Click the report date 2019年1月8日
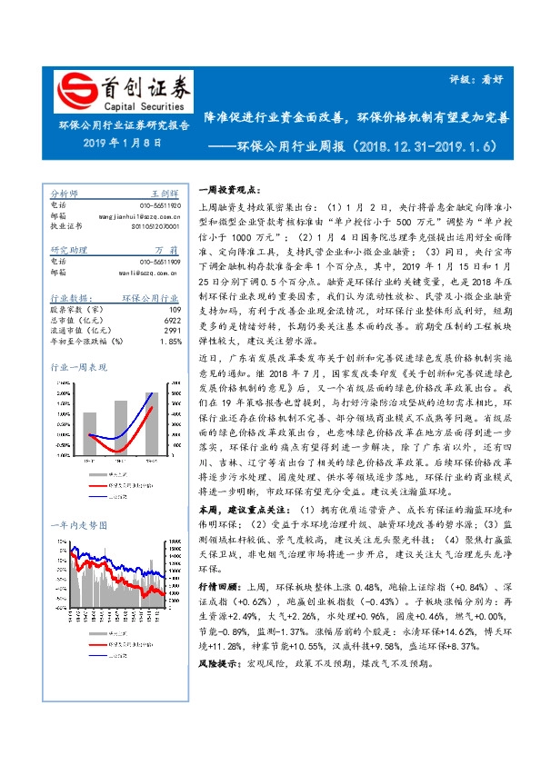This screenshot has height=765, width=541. (122, 143)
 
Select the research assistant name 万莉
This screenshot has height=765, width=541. (165, 250)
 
